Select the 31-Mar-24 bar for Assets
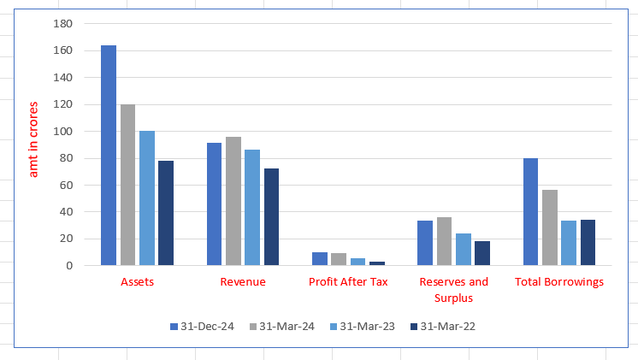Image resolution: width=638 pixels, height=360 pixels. [x=127, y=185]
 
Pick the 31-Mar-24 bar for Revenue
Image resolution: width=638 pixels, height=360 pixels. [x=233, y=201]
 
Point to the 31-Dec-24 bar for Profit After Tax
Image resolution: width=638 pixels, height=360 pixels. [x=320, y=259]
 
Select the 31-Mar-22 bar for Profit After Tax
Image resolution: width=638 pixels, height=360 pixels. [x=377, y=263]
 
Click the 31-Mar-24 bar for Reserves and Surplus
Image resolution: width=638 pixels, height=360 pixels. [x=445, y=241]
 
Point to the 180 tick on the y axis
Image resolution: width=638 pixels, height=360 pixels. [x=63, y=24]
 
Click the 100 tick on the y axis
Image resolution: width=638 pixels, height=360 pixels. [x=63, y=132]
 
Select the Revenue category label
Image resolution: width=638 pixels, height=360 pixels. [x=243, y=281]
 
